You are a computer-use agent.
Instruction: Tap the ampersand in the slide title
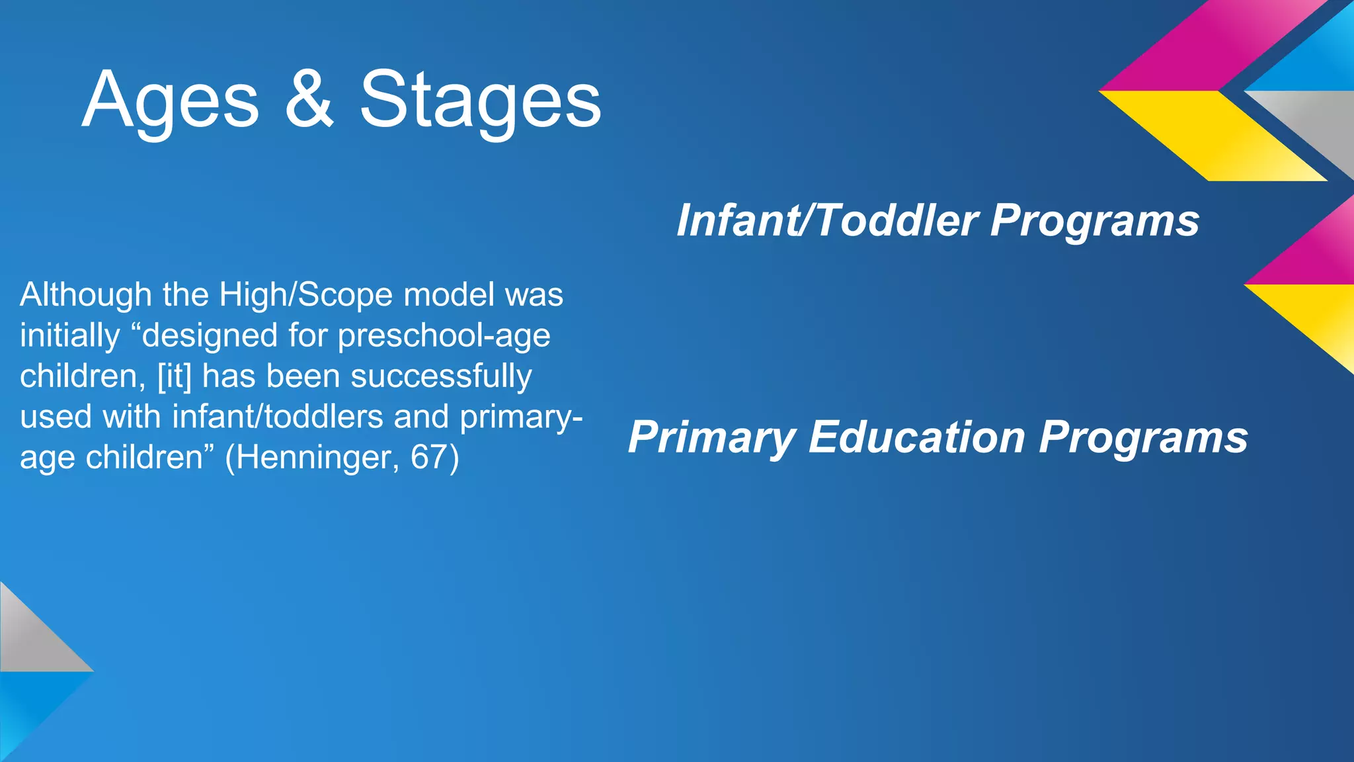tap(309, 101)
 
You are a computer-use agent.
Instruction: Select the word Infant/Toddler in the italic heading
tap(826, 220)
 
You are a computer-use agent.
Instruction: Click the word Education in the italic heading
tap(916, 437)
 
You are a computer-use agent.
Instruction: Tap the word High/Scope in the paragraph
tap(308, 295)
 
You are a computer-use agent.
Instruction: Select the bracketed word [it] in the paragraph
tap(175, 376)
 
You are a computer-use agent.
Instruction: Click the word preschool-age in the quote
tap(444, 336)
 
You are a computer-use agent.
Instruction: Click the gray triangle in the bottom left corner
tap(30, 638)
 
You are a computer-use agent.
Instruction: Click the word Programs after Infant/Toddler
tap(1094, 220)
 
